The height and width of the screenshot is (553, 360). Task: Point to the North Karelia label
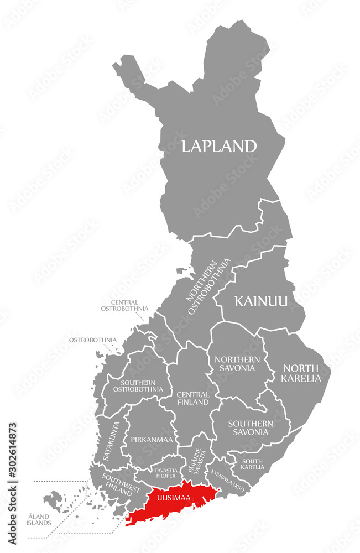pyautogui.click(x=301, y=373)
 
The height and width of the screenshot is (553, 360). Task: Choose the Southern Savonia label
pyautogui.click(x=251, y=427)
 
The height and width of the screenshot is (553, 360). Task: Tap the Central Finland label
pyautogui.click(x=192, y=398)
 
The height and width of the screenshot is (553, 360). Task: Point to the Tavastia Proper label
pyautogui.click(x=165, y=473)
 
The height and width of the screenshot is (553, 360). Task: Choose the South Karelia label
pyautogui.click(x=252, y=464)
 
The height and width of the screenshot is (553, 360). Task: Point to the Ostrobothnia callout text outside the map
pyautogui.click(x=92, y=339)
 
